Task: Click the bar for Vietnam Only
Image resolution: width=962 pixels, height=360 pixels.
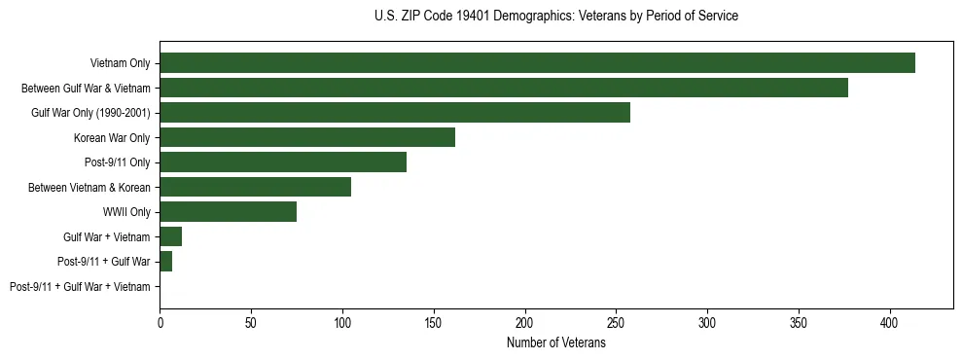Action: click(537, 63)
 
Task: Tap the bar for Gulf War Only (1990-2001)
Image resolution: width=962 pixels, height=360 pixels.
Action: click(395, 113)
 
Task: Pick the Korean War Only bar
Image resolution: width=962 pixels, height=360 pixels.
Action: click(307, 137)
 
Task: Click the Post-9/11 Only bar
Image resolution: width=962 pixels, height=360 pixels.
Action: click(283, 162)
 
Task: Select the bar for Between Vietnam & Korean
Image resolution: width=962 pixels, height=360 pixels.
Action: click(255, 187)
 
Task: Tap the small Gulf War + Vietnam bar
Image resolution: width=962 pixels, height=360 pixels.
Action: click(171, 236)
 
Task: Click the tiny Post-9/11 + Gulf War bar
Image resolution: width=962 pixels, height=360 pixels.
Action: click(166, 262)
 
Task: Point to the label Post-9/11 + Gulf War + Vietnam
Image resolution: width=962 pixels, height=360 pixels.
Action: click(80, 287)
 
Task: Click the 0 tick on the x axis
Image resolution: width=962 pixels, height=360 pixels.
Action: click(160, 322)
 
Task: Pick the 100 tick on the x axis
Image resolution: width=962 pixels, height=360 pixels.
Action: click(342, 322)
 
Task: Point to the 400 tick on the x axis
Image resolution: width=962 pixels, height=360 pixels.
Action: click(889, 322)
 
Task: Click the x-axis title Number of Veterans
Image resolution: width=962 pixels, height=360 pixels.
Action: click(556, 342)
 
